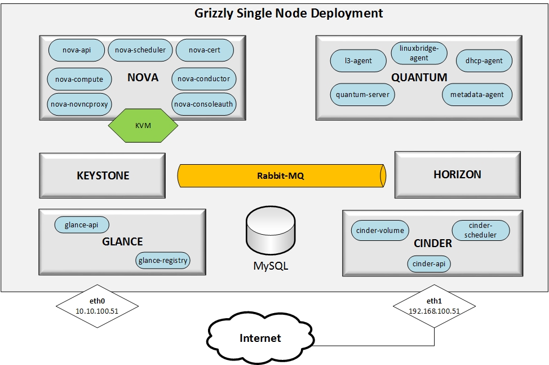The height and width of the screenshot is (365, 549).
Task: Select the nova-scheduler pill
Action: [x=140, y=50]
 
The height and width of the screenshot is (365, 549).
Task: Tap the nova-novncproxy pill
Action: [x=79, y=104]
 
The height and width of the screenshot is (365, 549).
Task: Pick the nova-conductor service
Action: [x=203, y=79]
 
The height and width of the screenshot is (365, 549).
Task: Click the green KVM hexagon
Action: [x=143, y=125]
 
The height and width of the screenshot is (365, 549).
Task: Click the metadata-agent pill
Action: [x=477, y=94]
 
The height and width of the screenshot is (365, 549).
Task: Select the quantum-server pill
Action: [x=362, y=94]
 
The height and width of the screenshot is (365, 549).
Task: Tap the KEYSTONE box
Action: [x=103, y=175]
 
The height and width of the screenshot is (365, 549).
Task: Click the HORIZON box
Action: [x=457, y=175]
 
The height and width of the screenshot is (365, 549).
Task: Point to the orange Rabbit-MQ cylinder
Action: [x=282, y=175]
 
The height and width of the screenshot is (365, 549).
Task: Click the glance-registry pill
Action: [x=163, y=260]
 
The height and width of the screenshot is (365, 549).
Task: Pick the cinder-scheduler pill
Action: [x=481, y=230]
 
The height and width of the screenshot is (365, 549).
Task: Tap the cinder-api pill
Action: [x=430, y=263]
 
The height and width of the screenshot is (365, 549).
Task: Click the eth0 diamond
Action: [x=98, y=307]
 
